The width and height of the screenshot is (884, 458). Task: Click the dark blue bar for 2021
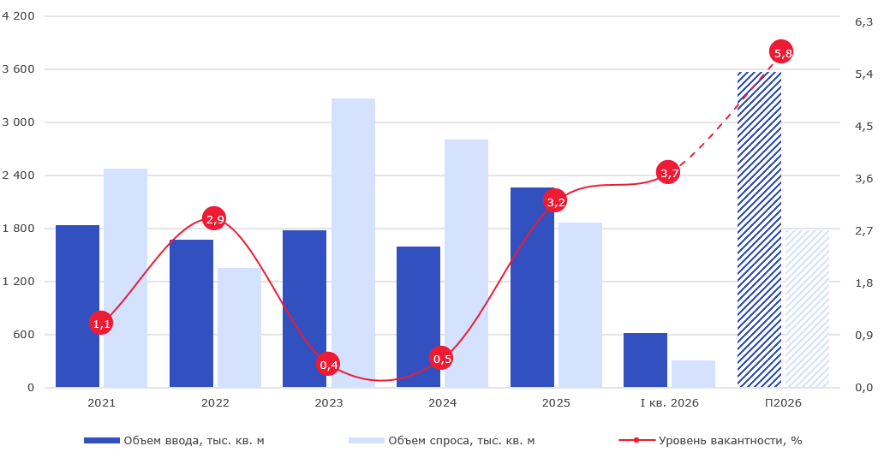coord(77,306)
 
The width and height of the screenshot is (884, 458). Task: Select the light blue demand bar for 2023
coord(353,243)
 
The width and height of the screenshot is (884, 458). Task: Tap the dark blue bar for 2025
coord(532,288)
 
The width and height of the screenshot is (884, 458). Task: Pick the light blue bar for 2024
coord(466,264)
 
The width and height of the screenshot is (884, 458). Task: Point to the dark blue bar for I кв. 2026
coord(645,360)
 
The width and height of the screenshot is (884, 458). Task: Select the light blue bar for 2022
coord(239,328)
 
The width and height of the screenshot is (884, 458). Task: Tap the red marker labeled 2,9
coord(214,218)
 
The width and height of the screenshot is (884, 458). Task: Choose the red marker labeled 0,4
coord(328,364)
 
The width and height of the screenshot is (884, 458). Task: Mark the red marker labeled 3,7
coord(668,173)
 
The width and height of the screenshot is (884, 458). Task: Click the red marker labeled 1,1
coord(101,323)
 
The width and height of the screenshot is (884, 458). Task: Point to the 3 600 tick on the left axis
coord(21,69)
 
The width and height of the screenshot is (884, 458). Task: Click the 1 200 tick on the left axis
coord(21,282)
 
